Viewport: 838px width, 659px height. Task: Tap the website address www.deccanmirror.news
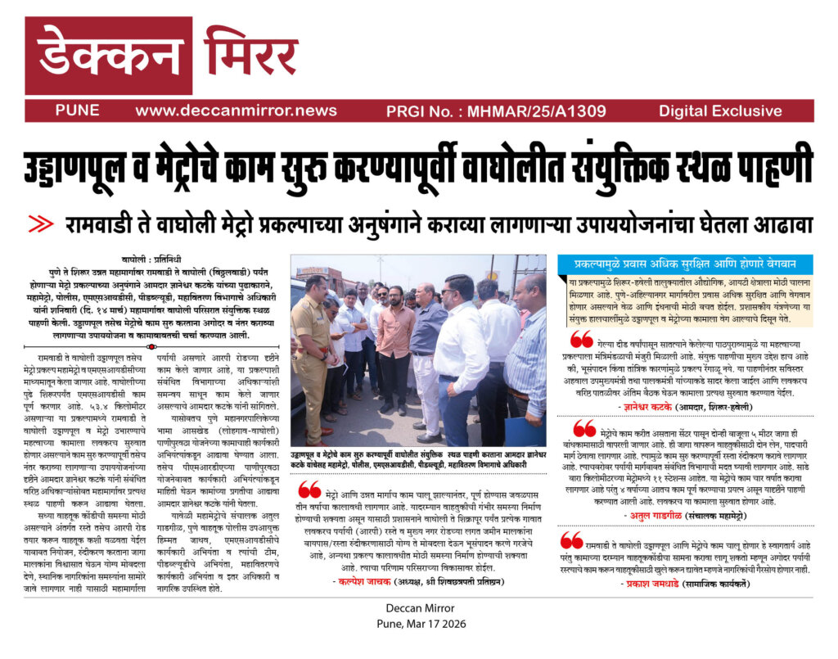[236, 111]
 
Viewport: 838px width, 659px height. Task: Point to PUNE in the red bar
[78, 111]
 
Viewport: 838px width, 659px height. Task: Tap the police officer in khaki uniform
[313, 344]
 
